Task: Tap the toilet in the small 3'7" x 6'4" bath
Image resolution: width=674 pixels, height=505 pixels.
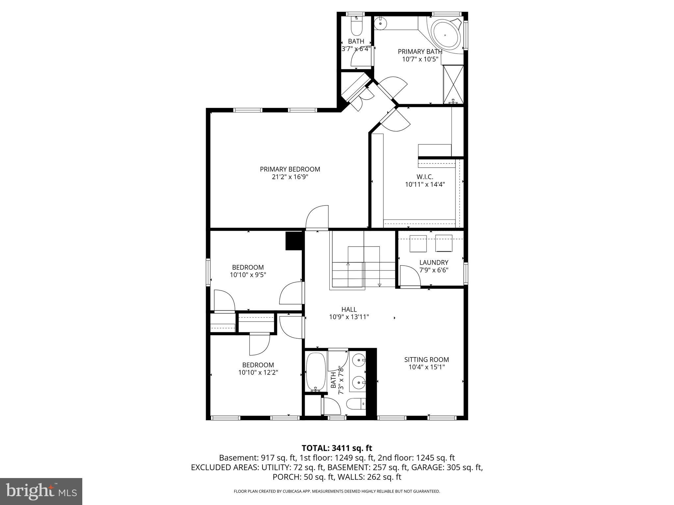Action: [356, 27]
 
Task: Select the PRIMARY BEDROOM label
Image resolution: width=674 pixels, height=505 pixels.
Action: [290, 169]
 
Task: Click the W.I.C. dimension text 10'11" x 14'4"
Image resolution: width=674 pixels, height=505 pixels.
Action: [425, 185]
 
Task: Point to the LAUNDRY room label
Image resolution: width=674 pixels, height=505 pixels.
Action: [434, 262]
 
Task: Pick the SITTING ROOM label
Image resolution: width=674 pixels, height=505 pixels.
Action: [427, 360]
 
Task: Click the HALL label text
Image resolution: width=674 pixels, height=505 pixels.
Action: [349, 309]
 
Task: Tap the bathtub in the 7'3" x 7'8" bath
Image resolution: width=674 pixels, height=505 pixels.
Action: [316, 372]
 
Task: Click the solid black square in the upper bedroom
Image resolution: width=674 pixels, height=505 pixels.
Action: [294, 241]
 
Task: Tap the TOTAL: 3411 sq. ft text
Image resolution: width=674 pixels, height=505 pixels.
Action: [337, 448]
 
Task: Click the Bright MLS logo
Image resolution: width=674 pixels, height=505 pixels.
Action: [41, 492]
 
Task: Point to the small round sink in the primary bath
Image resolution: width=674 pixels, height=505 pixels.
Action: [380, 23]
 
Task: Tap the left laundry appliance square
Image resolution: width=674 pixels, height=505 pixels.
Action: [418, 244]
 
